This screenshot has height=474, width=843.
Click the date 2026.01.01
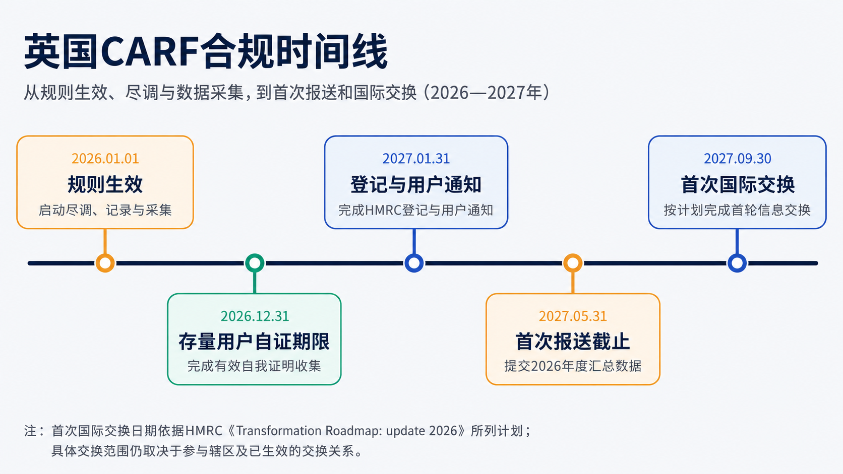tap(105, 159)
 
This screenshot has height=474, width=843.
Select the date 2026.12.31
tap(255, 316)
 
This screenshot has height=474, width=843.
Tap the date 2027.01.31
tap(416, 159)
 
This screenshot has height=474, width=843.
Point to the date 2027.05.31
tap(573, 316)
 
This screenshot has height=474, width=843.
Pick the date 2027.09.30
tap(737, 159)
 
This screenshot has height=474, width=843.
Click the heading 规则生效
tap(105, 184)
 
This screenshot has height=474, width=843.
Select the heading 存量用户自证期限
tap(254, 342)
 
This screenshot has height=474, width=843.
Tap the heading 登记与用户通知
tap(416, 184)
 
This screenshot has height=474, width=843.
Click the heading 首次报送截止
tap(572, 342)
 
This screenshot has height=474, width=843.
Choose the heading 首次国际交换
tap(738, 184)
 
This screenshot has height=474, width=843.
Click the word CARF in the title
tap(150, 51)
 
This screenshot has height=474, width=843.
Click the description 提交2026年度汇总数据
tap(573, 366)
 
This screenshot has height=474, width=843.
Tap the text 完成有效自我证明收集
tap(254, 366)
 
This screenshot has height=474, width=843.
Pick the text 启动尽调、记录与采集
tap(105, 210)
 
